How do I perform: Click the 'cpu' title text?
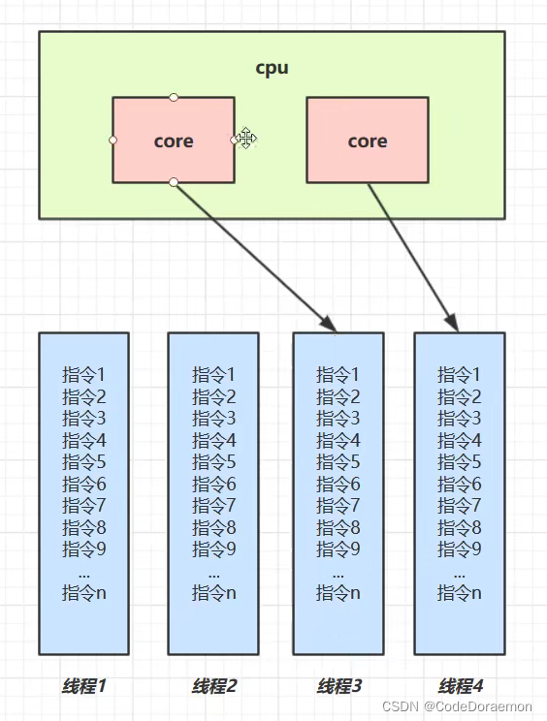tap(272, 68)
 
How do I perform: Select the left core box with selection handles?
tap(174, 141)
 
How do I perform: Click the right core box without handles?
tap(368, 141)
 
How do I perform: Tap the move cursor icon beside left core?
tap(246, 139)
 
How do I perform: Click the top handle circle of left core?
tap(174, 97)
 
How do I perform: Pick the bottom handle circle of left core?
tap(174, 182)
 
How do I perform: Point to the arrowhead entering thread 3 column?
tap(329, 326)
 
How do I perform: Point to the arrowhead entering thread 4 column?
tap(453, 325)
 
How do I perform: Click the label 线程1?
tap(83, 686)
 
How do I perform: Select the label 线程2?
tap(213, 686)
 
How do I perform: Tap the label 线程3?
tap(338, 686)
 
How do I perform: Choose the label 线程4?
tap(460, 686)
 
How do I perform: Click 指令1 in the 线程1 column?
tap(83, 374)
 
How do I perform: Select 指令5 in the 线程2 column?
tap(213, 461)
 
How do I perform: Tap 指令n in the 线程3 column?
tap(338, 592)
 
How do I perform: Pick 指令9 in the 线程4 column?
tap(460, 549)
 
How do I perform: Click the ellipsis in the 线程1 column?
tap(83, 573)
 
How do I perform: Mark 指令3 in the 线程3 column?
tap(338, 418)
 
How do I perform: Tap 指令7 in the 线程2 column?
tap(213, 505)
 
